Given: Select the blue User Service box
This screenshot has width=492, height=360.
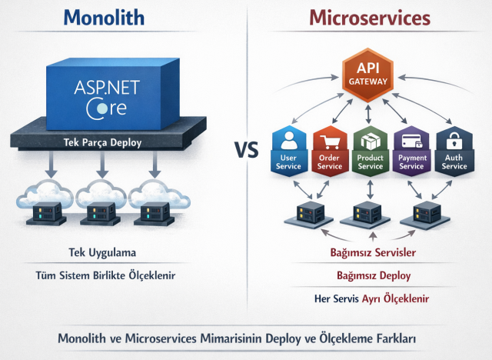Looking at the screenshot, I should click(288, 150).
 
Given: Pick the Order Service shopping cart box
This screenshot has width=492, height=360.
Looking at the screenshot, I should click(329, 150).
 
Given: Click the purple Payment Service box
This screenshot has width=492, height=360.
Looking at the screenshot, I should click(411, 150).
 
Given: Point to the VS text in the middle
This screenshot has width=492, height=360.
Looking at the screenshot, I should click(246, 149).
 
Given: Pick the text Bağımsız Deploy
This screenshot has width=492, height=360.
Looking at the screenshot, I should click(373, 275).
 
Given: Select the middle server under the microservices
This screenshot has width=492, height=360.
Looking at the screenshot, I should click(366, 212).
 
